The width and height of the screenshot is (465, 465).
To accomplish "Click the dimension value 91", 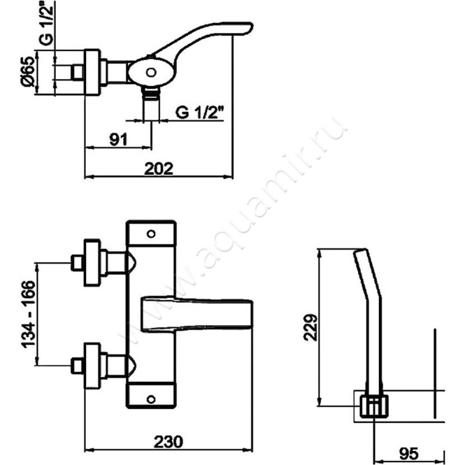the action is click(x=119, y=139).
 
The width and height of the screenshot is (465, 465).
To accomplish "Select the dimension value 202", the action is click(x=158, y=169).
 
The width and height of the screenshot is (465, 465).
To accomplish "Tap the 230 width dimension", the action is click(x=168, y=442).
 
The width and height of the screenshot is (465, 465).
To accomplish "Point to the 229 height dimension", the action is click(x=311, y=327).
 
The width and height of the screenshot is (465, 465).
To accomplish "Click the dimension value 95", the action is click(x=409, y=453).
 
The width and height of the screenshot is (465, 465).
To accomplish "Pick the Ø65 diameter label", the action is click(x=28, y=71).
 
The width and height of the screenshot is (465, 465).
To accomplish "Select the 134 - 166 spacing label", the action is click(x=28, y=314).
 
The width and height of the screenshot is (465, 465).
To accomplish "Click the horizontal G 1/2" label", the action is click(x=199, y=112).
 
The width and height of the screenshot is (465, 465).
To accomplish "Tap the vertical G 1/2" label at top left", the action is click(x=46, y=22).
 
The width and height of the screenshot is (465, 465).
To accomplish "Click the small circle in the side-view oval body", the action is click(x=151, y=72).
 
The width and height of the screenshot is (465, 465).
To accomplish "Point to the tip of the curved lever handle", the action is click(x=252, y=26).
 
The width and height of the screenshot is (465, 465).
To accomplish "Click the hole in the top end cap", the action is click(x=151, y=234).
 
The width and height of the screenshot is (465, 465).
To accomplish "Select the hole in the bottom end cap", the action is click(x=151, y=399).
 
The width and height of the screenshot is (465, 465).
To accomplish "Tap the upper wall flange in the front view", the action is click(x=92, y=263).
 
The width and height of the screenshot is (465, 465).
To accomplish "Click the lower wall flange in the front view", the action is click(x=92, y=366).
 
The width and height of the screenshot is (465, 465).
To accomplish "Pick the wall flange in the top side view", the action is click(x=92, y=72).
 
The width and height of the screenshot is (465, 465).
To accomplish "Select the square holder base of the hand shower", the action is click(x=374, y=406).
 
